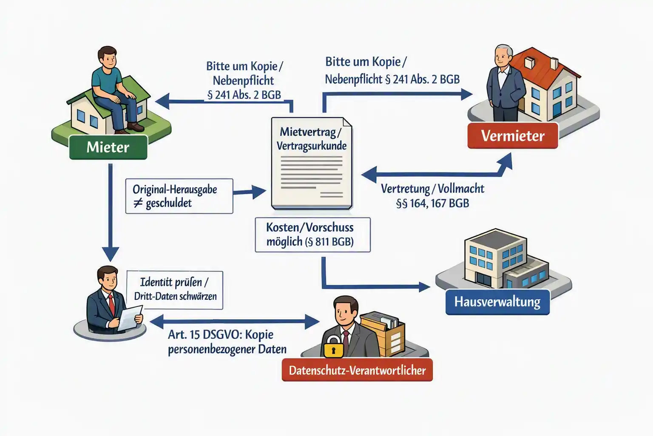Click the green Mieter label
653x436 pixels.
(x=108, y=147)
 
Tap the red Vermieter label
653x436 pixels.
(x=513, y=136)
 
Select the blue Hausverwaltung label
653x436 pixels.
(x=497, y=302)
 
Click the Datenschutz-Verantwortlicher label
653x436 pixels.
(x=357, y=370)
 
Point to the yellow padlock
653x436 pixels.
(x=333, y=347)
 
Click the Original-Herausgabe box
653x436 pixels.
(x=179, y=196)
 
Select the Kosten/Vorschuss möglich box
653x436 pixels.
(x=312, y=235)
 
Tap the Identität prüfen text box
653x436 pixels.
(x=175, y=290)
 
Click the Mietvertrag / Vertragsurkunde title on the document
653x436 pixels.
(x=311, y=139)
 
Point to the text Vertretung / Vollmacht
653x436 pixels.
(x=432, y=189)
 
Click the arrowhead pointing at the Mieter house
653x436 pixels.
(x=162, y=101)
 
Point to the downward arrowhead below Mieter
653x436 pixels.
(x=110, y=253)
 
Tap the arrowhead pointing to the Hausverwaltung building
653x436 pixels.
(x=424, y=287)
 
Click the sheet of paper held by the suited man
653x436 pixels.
(x=130, y=318)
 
